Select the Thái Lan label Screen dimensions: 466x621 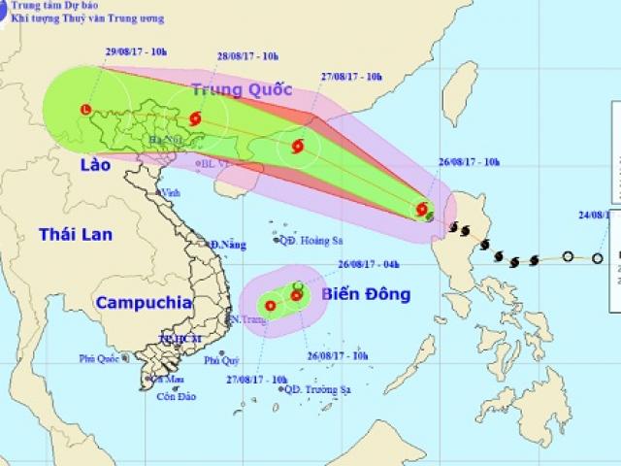(x=76, y=234)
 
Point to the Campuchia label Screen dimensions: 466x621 (x=144, y=302)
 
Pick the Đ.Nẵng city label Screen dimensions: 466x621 (x=227, y=244)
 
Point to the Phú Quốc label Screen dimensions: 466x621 (x=99, y=359)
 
